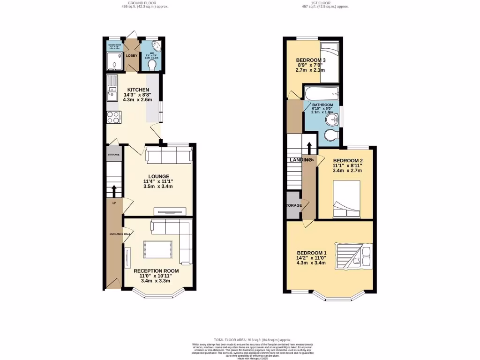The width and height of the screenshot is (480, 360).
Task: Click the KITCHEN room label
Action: coord(138,90)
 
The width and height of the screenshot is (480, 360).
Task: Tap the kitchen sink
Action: coord(112,88)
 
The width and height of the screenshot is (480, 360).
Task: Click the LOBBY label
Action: coord(131,56)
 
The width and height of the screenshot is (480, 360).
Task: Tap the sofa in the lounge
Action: coord(169,155)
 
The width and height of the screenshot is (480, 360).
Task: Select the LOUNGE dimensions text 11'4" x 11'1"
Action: coord(159,181)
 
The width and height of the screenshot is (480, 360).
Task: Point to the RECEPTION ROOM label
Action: coord(156,271)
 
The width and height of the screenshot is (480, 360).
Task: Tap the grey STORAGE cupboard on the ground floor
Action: coord(114,155)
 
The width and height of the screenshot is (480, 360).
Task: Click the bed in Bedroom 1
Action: coord(354,256)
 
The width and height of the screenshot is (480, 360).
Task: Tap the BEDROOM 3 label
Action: coord(310,60)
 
